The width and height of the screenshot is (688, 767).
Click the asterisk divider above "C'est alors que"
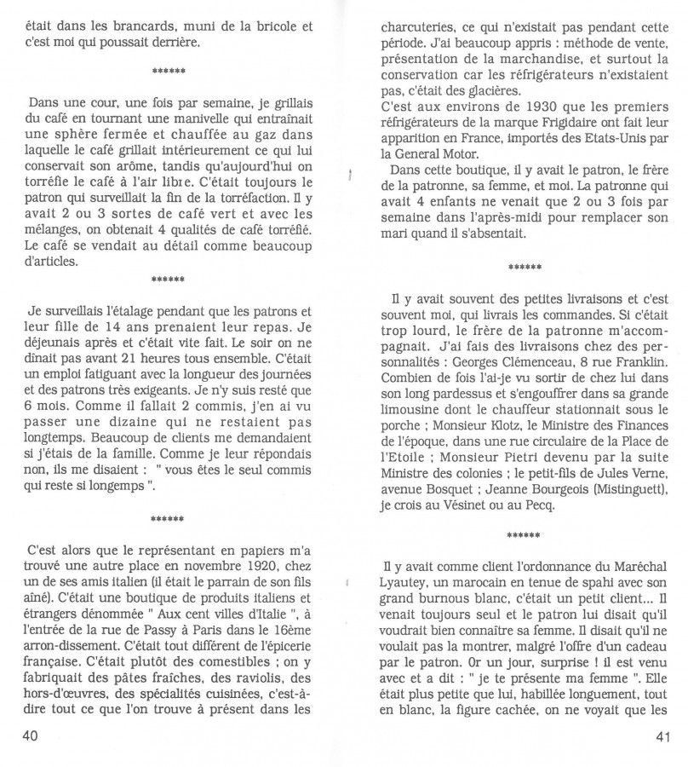pyautogui.click(x=169, y=516)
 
